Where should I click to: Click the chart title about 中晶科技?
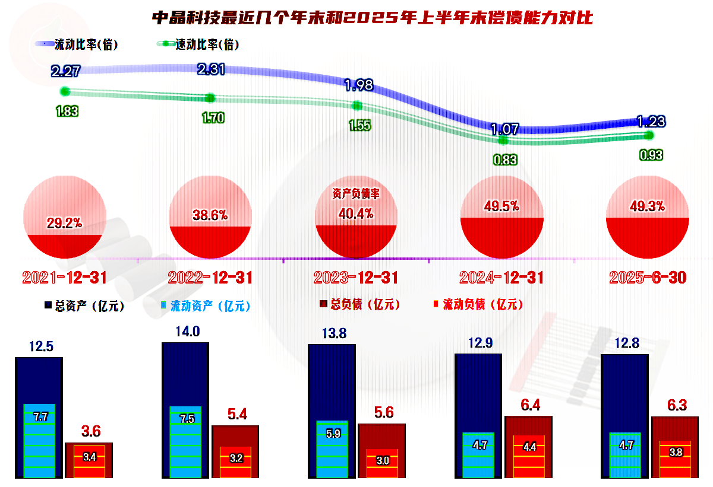coord(373,17)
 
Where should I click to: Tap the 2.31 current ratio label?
coord(210,69)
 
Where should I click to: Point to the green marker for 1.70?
coord(210,98)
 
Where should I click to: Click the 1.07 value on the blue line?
coord(504,129)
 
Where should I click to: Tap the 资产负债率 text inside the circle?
coord(355,193)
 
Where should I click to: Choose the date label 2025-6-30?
coord(648,278)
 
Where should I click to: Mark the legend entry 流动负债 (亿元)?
coord(478,304)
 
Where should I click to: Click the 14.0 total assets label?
coord(185,332)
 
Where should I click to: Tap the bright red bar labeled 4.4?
coord(528,456)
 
